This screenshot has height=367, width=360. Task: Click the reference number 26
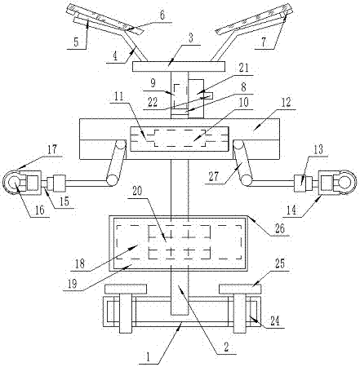tap(279, 228)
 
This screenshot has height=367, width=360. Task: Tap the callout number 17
tap(52, 149)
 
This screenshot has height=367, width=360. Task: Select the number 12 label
tap(287, 103)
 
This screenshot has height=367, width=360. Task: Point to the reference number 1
tap(149, 357)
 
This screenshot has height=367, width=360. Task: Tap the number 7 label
tap(263, 42)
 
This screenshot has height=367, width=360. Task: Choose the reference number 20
tap(137, 191)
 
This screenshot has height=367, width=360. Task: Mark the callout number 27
tap(214, 177)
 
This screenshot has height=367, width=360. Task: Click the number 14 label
tap(291, 210)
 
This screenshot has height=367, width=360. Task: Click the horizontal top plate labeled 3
tap(179, 67)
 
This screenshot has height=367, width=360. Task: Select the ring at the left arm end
tap(12, 181)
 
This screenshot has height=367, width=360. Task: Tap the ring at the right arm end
tap(346, 181)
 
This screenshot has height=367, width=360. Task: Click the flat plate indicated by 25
tap(240, 289)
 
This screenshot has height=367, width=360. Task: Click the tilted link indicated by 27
tap(243, 163)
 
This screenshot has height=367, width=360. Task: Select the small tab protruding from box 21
tap(208, 96)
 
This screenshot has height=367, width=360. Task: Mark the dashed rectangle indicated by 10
tap(180, 138)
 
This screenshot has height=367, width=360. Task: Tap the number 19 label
tap(73, 283)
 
